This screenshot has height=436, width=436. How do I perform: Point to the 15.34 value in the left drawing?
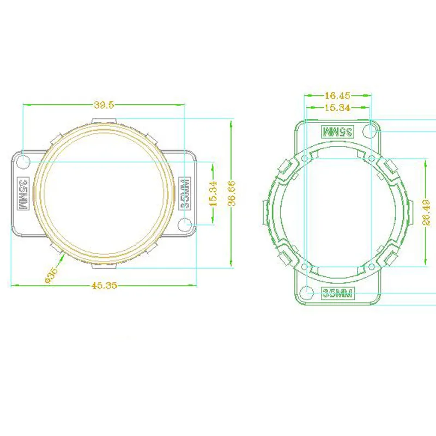214,193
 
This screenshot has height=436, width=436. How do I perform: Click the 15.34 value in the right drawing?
337,108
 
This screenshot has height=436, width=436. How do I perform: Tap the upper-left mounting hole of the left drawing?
23,161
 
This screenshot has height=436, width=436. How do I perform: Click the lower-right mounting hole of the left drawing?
185,223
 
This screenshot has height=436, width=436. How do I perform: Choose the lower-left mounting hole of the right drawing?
307,292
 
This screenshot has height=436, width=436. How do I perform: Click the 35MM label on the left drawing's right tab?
185,193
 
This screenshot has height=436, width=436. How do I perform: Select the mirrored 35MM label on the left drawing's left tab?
23,193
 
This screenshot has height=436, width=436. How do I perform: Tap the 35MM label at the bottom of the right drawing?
338,293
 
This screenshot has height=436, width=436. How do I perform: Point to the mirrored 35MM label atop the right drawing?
338,131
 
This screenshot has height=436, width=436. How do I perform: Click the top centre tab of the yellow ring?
104,120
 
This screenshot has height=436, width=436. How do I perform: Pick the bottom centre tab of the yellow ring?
104,266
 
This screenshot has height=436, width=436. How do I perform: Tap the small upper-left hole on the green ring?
305,159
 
